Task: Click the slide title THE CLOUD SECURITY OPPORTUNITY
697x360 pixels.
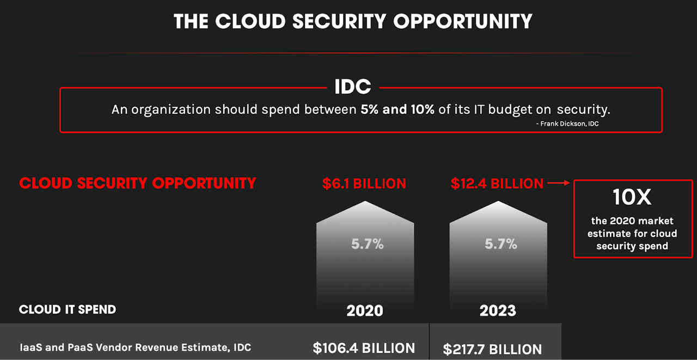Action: coord(353,21)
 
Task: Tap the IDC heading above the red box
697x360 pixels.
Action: coord(353,87)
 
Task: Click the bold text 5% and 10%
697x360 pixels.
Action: coord(398,109)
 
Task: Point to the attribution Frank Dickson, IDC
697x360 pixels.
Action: coord(568,124)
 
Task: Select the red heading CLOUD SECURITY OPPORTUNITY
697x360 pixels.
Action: coord(137,183)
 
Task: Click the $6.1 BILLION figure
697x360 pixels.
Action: coord(364,184)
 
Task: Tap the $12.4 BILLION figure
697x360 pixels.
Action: coord(497,184)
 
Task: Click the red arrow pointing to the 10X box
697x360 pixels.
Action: coord(558,184)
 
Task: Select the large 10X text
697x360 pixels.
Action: coord(632,198)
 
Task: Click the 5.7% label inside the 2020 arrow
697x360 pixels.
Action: coord(368,244)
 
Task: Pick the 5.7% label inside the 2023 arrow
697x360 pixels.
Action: coord(501,244)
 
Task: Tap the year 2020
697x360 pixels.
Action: coord(365,311)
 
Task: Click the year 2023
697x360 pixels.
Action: coord(498,311)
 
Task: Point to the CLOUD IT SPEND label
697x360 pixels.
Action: coord(68,309)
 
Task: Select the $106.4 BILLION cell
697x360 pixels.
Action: coord(364,348)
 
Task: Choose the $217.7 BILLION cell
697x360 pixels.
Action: coord(492,349)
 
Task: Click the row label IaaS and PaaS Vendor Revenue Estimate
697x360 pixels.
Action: coord(135,347)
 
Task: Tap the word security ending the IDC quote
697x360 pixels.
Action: coord(583,109)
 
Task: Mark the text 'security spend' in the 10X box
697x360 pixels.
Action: coord(632,246)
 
